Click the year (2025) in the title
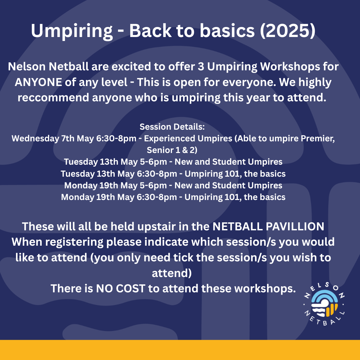(x=288, y=31)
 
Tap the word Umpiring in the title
(x=72, y=31)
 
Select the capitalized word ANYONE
(x=38, y=82)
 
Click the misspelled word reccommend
(x=53, y=98)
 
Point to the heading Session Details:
(x=172, y=127)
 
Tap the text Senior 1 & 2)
(x=172, y=150)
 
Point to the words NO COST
(x=121, y=289)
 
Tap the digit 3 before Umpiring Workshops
(x=201, y=67)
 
